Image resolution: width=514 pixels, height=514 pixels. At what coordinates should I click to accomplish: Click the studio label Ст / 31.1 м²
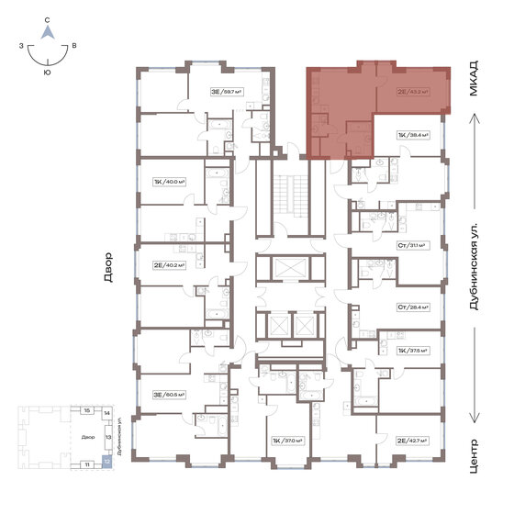pos(413,245)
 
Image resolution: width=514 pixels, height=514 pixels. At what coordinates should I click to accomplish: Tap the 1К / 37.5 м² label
pos(413,350)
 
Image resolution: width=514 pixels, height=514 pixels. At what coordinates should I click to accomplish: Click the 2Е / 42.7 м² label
pos(414,441)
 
